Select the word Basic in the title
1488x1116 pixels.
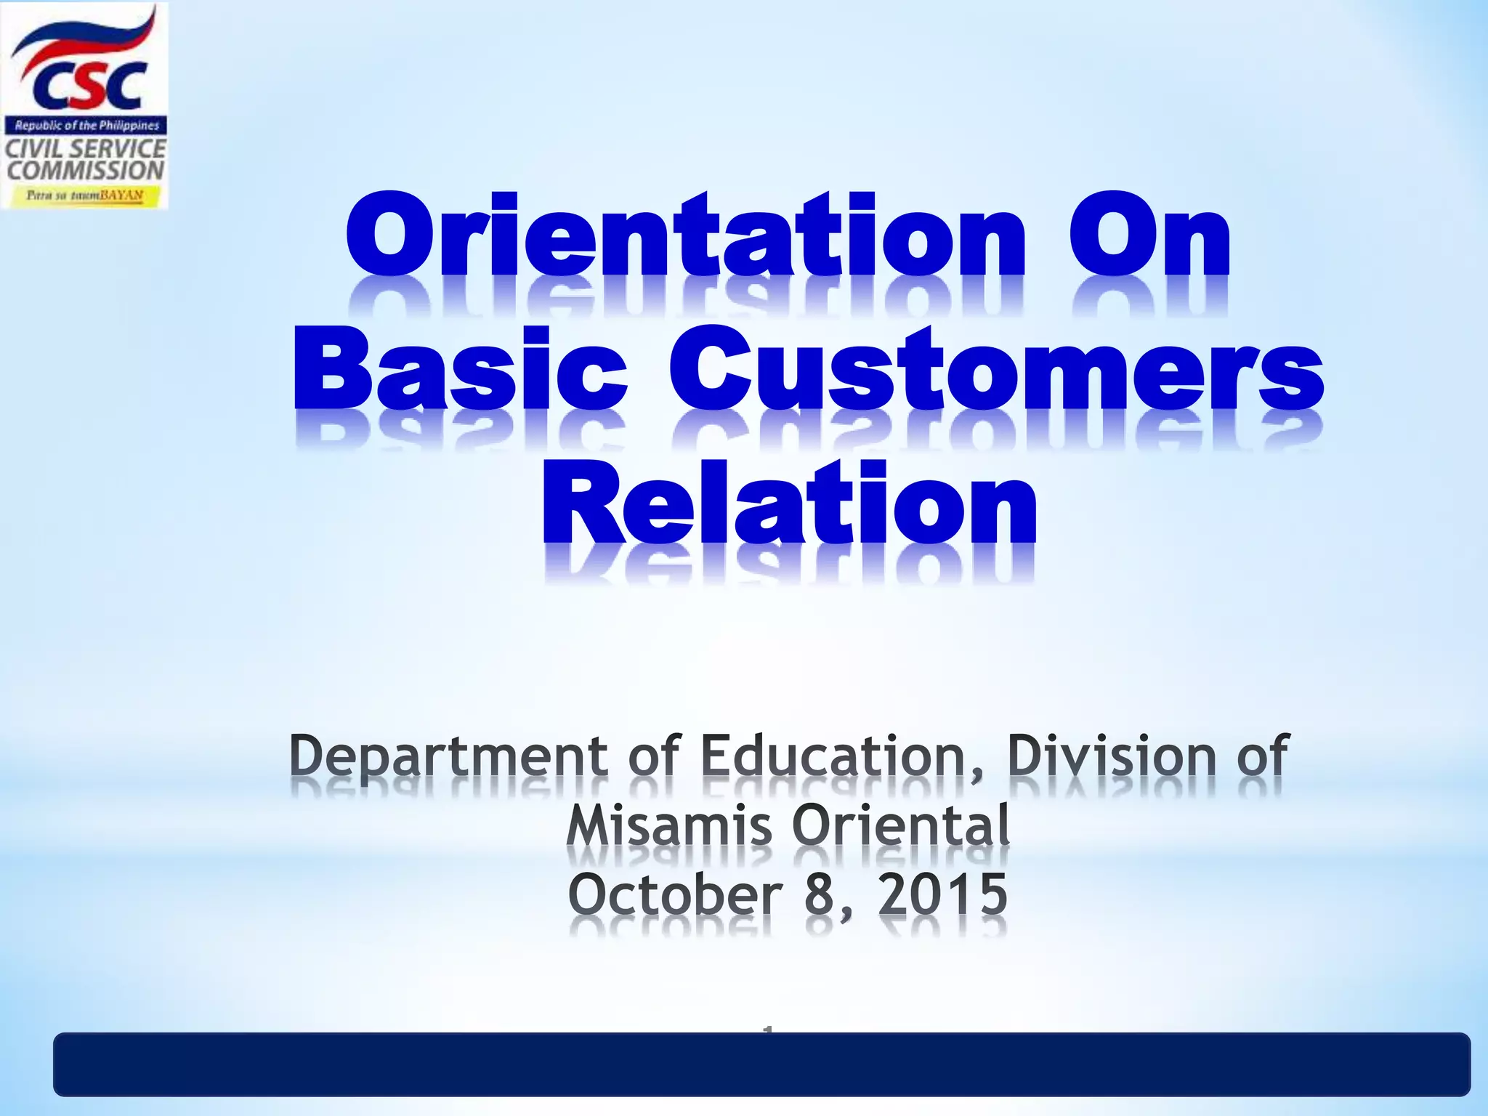click(460, 368)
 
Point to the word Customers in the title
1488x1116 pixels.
click(996, 368)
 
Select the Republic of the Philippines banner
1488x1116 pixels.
click(86, 126)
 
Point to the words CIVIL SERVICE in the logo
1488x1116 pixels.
click(86, 148)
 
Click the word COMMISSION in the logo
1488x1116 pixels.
click(86, 171)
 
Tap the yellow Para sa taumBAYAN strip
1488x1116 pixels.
click(84, 195)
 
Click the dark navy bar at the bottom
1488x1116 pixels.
click(761, 1064)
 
